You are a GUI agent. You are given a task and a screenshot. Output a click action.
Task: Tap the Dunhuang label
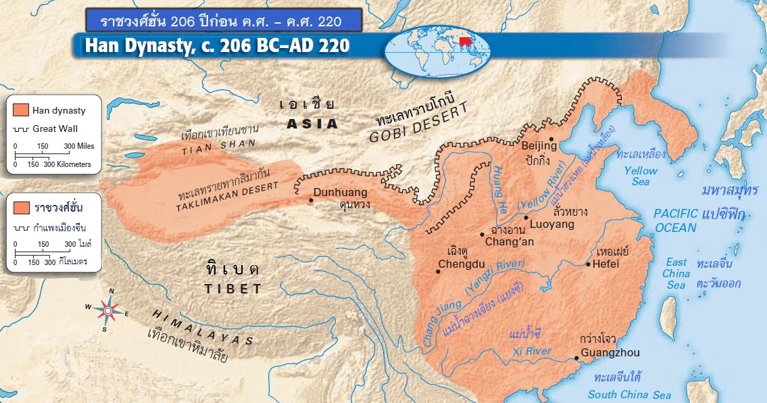(x=341, y=192)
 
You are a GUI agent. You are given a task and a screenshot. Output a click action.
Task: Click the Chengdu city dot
(x=438, y=272)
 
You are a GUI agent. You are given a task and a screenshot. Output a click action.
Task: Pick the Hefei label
(x=605, y=264)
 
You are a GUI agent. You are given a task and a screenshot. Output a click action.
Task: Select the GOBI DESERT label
(x=414, y=130)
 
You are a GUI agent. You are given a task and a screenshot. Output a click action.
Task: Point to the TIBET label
(x=233, y=289)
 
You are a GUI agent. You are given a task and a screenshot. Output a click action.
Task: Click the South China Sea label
(x=628, y=394)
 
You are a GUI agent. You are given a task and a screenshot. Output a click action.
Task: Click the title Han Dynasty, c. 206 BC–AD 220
(x=217, y=46)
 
